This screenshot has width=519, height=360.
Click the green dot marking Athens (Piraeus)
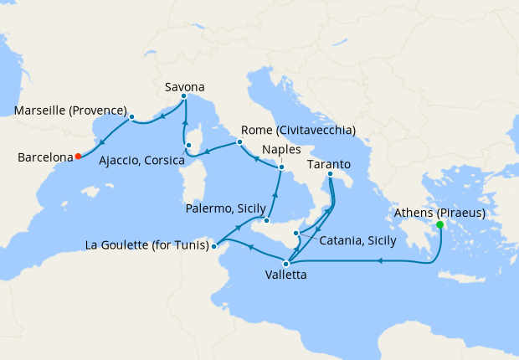point(440,224)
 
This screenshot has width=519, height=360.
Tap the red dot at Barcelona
point(78,156)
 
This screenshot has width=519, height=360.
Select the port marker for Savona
point(184,97)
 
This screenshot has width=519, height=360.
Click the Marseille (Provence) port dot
point(132,116)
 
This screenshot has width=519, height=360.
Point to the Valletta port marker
point(285,264)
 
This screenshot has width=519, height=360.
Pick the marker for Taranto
point(330,174)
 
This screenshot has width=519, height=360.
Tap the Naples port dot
point(281,167)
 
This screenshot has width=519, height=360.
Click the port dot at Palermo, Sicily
point(265,221)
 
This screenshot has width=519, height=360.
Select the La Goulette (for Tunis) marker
point(214,246)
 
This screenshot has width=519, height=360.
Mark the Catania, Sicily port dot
point(295,233)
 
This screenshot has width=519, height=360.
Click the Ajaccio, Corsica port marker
point(188,146)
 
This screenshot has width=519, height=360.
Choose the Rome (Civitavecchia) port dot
point(239,141)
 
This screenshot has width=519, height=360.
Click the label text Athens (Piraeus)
point(439,212)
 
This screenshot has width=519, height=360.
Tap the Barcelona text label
point(43,157)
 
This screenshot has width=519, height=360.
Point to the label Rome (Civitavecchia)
point(298,131)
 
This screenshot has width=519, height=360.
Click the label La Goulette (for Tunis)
point(147,245)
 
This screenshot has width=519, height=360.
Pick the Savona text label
point(184,85)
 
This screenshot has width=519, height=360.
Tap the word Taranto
point(329,163)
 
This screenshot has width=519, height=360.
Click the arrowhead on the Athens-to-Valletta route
point(381,261)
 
